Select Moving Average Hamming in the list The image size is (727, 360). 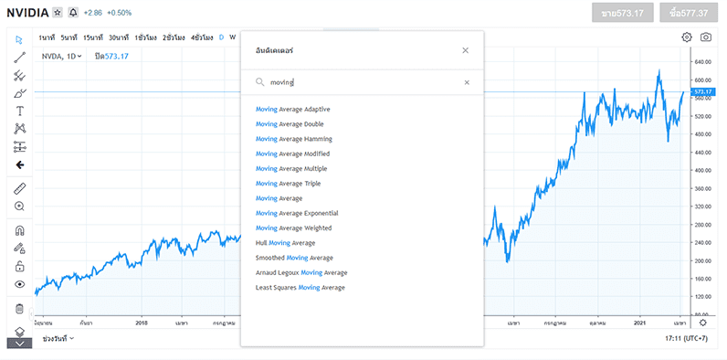[x=293, y=139]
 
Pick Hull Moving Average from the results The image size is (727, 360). [x=285, y=243]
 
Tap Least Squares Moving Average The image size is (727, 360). [x=300, y=288]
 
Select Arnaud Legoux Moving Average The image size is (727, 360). [x=301, y=272]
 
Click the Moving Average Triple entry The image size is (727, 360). [x=288, y=184]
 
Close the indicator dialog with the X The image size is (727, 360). [x=466, y=50]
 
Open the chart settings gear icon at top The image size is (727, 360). [x=687, y=37]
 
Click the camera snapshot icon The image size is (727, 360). [x=706, y=37]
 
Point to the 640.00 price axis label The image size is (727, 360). [x=702, y=62]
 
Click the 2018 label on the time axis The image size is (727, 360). [x=142, y=323]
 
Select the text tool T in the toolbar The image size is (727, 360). [x=20, y=111]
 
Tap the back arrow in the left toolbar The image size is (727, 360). [x=20, y=165]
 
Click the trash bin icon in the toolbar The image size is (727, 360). [x=20, y=309]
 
